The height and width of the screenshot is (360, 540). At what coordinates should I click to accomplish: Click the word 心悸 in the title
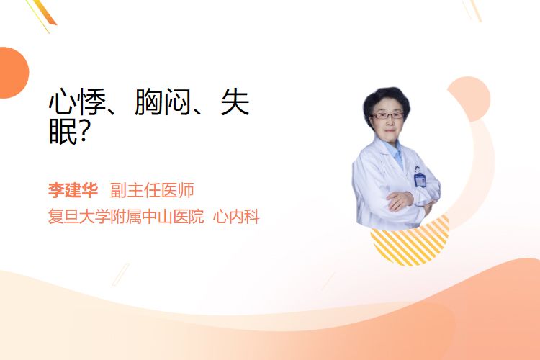77,102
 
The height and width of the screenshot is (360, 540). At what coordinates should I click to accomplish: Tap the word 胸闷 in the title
163,102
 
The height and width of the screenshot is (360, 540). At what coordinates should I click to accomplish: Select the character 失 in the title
235,102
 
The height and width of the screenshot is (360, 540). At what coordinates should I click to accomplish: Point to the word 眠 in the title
63,132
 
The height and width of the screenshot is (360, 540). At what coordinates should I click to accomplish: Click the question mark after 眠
85,132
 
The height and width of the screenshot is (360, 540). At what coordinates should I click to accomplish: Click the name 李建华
73,190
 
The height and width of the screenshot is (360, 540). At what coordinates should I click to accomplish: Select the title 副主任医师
152,190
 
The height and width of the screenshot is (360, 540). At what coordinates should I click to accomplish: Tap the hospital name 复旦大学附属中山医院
126,217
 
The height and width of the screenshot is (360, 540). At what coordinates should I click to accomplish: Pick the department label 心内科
236,217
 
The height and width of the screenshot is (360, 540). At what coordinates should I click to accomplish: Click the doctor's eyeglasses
387,116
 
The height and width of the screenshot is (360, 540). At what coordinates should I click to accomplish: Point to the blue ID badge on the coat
420,180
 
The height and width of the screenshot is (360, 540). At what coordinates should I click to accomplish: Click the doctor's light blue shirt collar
395,152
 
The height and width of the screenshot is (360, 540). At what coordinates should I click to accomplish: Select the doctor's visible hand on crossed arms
400,200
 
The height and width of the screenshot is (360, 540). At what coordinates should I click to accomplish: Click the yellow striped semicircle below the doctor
410,246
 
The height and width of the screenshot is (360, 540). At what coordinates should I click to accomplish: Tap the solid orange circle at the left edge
13,73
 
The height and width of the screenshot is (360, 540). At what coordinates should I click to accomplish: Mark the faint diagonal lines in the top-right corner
472,10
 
